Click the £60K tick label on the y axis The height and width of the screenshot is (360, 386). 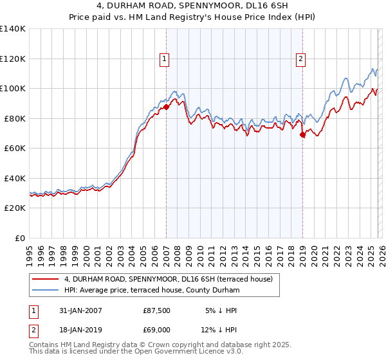click(13, 148)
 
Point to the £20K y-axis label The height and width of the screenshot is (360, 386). click(13, 208)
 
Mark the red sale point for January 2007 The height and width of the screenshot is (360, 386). click(166, 107)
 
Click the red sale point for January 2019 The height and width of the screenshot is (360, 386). click(302, 135)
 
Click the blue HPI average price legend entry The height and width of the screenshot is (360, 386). click(151, 291)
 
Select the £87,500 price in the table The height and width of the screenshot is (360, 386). click(156, 310)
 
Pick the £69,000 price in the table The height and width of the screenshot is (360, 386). click(156, 330)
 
